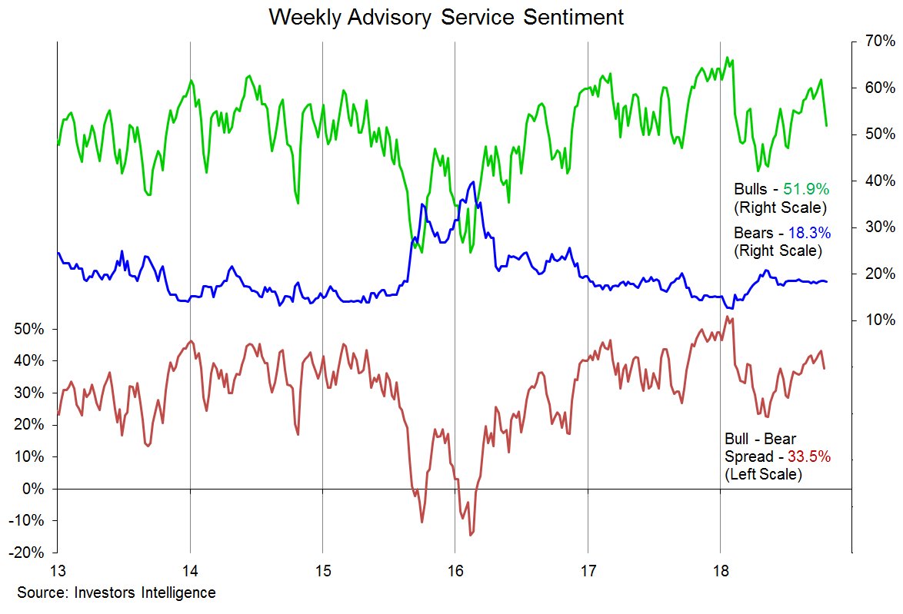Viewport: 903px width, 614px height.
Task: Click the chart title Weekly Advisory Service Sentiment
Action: (x=446, y=17)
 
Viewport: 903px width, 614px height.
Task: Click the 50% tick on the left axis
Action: (x=29, y=329)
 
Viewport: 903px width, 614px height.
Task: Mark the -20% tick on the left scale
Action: (x=29, y=553)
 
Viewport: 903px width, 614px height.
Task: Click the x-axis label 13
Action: (x=57, y=572)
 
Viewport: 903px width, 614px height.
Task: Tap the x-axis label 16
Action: (x=455, y=572)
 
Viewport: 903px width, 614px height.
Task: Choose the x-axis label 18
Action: (x=720, y=572)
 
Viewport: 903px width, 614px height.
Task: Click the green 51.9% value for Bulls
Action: (x=807, y=188)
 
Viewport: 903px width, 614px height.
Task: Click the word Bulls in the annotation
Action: (x=751, y=188)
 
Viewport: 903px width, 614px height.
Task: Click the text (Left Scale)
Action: (x=763, y=475)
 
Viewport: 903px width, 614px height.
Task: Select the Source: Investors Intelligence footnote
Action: (x=116, y=592)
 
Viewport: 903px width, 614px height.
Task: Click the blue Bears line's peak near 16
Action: (x=472, y=182)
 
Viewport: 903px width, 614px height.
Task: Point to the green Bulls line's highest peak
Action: (x=727, y=57)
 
